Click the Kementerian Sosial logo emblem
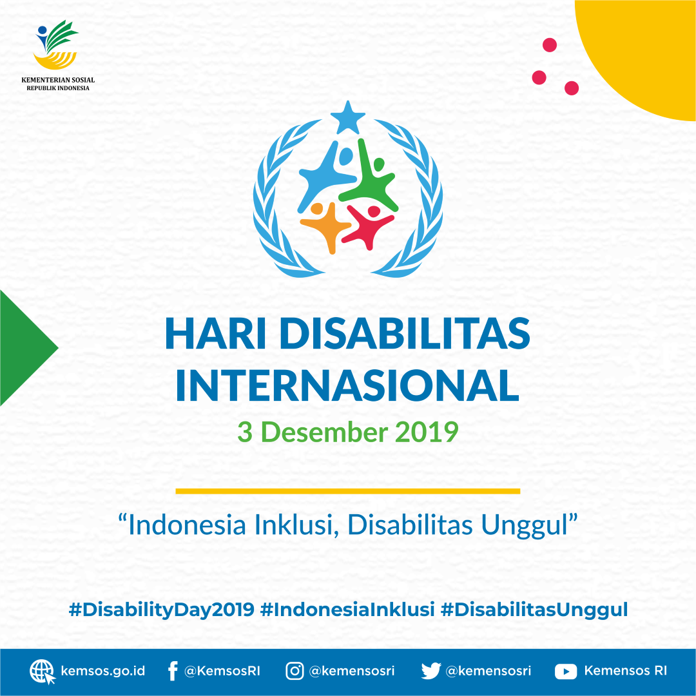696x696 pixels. point(57,46)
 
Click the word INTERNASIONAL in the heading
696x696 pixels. point(347,385)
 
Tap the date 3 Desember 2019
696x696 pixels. point(347,432)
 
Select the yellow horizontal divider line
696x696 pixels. point(347,491)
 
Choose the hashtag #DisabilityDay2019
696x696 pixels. point(161,610)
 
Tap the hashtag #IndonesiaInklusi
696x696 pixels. point(347,610)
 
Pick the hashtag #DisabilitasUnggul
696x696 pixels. point(534,610)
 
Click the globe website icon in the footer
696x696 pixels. point(43,672)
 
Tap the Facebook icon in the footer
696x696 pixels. point(172,672)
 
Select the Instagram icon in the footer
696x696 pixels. point(295,672)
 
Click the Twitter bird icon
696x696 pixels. point(430,672)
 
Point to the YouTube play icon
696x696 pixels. point(565,672)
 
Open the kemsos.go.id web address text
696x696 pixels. point(103,672)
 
